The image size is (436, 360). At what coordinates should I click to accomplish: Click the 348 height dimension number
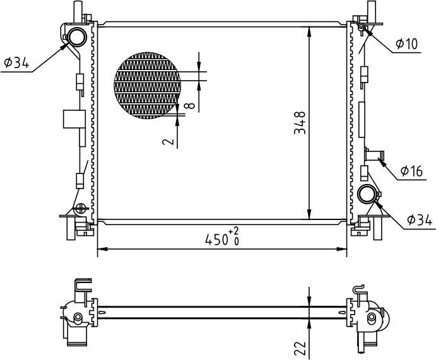(x=300, y=123)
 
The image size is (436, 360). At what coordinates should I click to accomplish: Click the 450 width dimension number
(x=216, y=240)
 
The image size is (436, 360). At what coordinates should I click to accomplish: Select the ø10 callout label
(x=407, y=44)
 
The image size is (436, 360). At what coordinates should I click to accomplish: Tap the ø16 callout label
(x=411, y=171)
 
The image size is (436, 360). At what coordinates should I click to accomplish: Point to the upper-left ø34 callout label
(x=16, y=63)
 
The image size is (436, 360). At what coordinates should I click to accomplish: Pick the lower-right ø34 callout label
(x=420, y=220)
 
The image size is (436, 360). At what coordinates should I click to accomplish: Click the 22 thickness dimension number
(x=300, y=348)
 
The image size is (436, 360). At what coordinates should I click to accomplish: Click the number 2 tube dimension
(x=168, y=142)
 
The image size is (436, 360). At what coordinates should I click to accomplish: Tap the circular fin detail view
(x=148, y=85)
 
